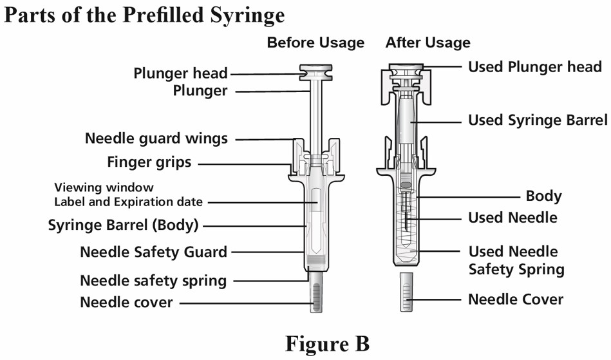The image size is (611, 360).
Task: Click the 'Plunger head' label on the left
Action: coord(180,73)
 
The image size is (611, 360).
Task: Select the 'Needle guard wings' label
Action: coord(156,138)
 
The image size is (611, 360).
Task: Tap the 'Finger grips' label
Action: coord(149,162)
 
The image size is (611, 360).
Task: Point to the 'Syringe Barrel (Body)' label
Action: coord(124,225)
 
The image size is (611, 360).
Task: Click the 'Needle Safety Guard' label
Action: coord(153,252)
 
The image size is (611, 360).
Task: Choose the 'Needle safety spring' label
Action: coord(153,281)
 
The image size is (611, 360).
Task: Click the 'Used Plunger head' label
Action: coord(534,67)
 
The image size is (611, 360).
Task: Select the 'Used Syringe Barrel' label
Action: coord(538,120)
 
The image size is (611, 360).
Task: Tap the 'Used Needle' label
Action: coord(512,218)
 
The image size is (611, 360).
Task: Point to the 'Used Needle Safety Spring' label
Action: coord(516,260)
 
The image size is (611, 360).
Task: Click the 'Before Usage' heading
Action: coord(315,43)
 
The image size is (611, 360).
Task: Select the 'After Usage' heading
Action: coord(428,43)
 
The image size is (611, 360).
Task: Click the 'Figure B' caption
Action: coord(327,343)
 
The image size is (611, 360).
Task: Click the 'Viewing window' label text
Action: coord(104,188)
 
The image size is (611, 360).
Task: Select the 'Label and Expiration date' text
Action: coord(128,202)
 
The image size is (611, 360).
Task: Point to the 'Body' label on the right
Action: coord(543,196)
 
